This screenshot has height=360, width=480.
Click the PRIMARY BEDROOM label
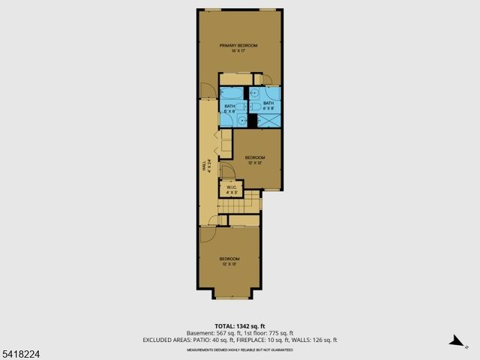(238, 46)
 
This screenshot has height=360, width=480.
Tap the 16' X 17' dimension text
(238, 52)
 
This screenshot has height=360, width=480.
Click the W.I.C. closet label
(231, 187)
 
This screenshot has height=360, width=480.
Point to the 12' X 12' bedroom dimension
(255, 163)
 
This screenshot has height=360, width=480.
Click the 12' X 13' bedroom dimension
(229, 264)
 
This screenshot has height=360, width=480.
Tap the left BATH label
(229, 106)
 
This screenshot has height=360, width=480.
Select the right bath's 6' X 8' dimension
(268, 108)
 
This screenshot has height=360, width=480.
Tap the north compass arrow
(455, 341)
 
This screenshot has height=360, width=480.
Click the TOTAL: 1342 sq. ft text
(239, 326)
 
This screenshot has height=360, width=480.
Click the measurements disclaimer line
(239, 349)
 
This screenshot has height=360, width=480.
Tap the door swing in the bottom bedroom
(208, 233)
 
